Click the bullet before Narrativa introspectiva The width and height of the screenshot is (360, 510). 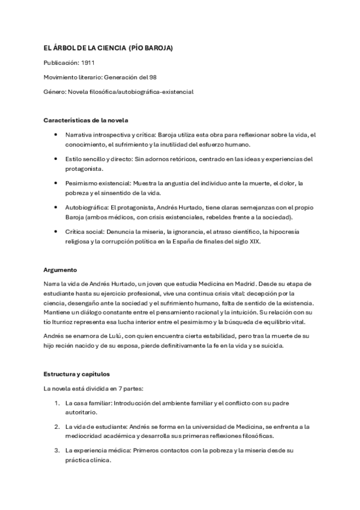tap(56, 135)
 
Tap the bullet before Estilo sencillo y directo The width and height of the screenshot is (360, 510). tap(56, 159)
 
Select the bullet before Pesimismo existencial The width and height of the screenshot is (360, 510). tap(56, 183)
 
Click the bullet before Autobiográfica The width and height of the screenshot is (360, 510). tap(56, 207)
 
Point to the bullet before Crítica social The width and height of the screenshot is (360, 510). tap(56, 230)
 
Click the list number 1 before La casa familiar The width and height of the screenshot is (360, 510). tap(56, 402)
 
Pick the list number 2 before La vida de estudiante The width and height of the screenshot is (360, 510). tap(56, 426)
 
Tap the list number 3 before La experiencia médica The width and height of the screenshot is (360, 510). tap(56, 450)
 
